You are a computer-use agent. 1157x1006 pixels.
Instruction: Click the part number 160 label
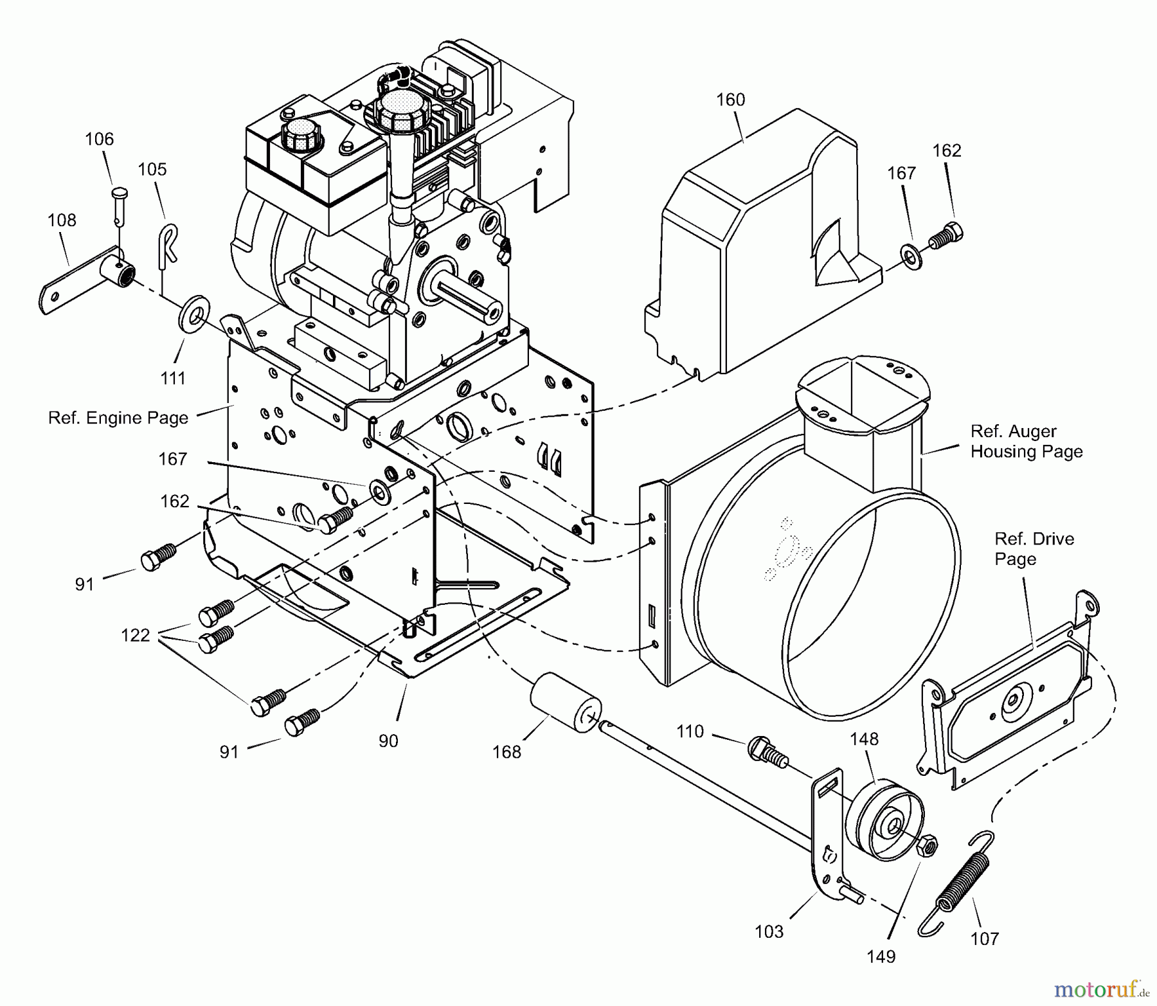[x=730, y=100]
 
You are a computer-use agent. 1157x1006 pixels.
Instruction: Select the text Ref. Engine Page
[x=118, y=418]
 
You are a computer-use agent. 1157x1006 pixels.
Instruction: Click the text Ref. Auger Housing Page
[x=1026, y=441]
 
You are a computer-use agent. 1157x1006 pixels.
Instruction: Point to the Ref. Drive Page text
[x=1034, y=548]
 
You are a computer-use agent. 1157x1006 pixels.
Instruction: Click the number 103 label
[x=769, y=931]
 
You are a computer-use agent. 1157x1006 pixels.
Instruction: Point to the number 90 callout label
[x=388, y=741]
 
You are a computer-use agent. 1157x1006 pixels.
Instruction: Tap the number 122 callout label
[x=135, y=635]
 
